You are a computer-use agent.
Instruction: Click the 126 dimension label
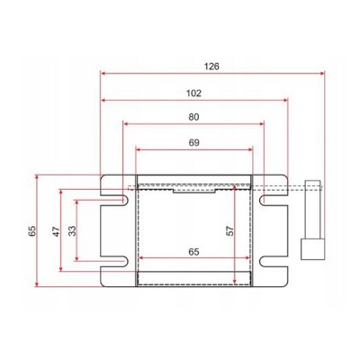pyautogui.click(x=211, y=67)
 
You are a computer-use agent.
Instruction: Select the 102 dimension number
pyautogui.click(x=193, y=94)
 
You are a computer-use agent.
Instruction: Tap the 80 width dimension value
pyautogui.click(x=193, y=117)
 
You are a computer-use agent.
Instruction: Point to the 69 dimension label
pyautogui.click(x=194, y=142)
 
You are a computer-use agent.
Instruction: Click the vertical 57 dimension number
pyautogui.click(x=230, y=230)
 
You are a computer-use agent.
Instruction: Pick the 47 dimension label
pyautogui.click(x=57, y=231)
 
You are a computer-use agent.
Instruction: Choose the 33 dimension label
pyautogui.click(x=72, y=230)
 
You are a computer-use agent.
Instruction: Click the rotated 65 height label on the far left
pyautogui.click(x=32, y=230)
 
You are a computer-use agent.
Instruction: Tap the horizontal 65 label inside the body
pyautogui.click(x=193, y=252)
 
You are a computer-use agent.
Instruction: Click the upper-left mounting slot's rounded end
pyautogui.click(x=125, y=201)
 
